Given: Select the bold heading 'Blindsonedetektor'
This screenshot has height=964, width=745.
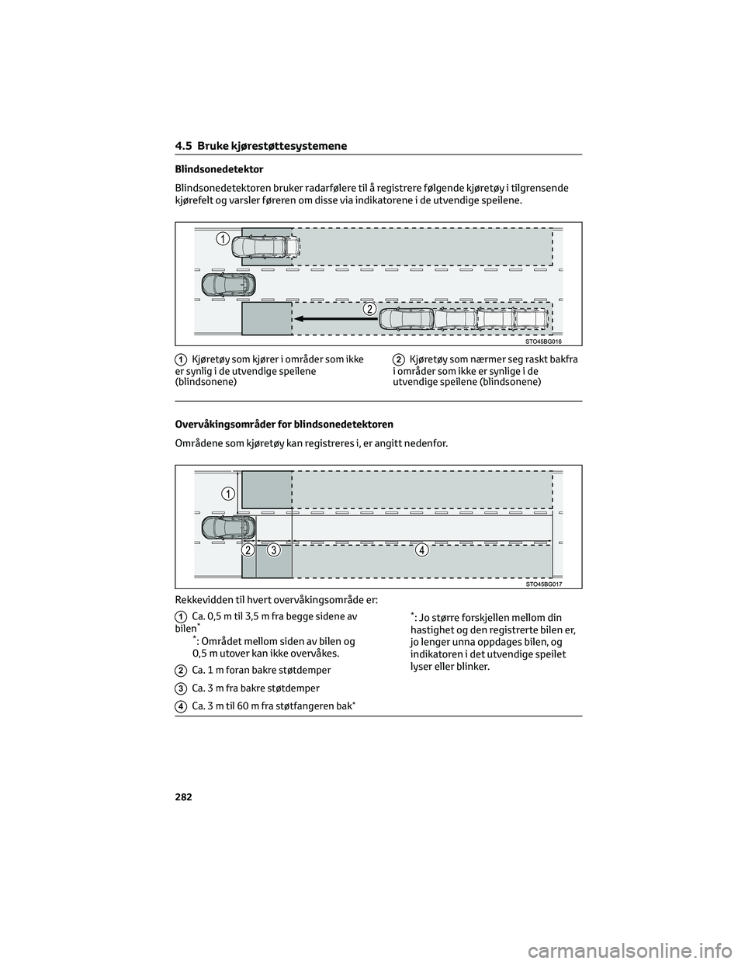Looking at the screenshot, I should (x=219, y=169).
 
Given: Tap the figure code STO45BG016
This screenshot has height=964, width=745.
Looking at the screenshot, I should (x=543, y=341).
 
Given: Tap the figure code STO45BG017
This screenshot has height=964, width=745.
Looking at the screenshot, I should (x=543, y=584).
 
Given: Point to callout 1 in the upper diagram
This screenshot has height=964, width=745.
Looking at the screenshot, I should (x=223, y=238).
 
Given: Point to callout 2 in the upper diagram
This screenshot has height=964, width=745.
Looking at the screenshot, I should (x=370, y=309).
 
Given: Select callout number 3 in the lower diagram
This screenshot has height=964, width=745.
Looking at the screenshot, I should (x=273, y=550).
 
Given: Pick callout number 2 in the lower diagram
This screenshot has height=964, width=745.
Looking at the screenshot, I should (x=248, y=550).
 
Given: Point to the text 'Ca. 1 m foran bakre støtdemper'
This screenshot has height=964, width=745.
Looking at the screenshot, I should (x=261, y=670).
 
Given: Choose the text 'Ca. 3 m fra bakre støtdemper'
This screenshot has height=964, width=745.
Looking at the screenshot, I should (x=255, y=688).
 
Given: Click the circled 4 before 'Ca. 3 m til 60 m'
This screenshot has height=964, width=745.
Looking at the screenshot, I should (x=180, y=707).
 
